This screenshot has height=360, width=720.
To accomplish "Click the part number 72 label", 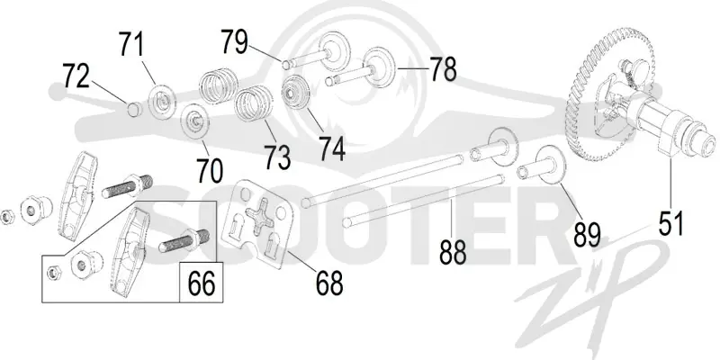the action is pyautogui.click(x=76, y=77).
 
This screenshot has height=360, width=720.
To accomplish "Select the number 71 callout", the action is pyautogui.click(x=131, y=44).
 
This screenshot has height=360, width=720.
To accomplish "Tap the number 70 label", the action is pyautogui.click(x=210, y=171).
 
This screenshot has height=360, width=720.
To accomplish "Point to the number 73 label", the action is pyautogui.click(x=277, y=157).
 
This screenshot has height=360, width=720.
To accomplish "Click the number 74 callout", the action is pyautogui.click(x=332, y=148).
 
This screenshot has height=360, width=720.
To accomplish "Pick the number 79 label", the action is pyautogui.click(x=234, y=41).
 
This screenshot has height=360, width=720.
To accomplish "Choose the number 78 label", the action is pyautogui.click(x=443, y=69).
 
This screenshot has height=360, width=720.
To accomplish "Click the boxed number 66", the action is pyautogui.click(x=202, y=283).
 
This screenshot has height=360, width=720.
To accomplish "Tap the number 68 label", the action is pyautogui.click(x=329, y=283).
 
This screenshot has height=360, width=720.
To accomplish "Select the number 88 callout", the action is pyautogui.click(x=453, y=252).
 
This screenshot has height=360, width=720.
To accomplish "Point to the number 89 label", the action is pyautogui.click(x=588, y=234).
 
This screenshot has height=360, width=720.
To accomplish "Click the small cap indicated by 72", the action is pyautogui.click(x=133, y=110).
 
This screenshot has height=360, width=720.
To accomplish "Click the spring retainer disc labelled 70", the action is pyautogui.click(x=195, y=121).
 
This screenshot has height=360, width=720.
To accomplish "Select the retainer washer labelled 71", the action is pyautogui.click(x=163, y=99).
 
